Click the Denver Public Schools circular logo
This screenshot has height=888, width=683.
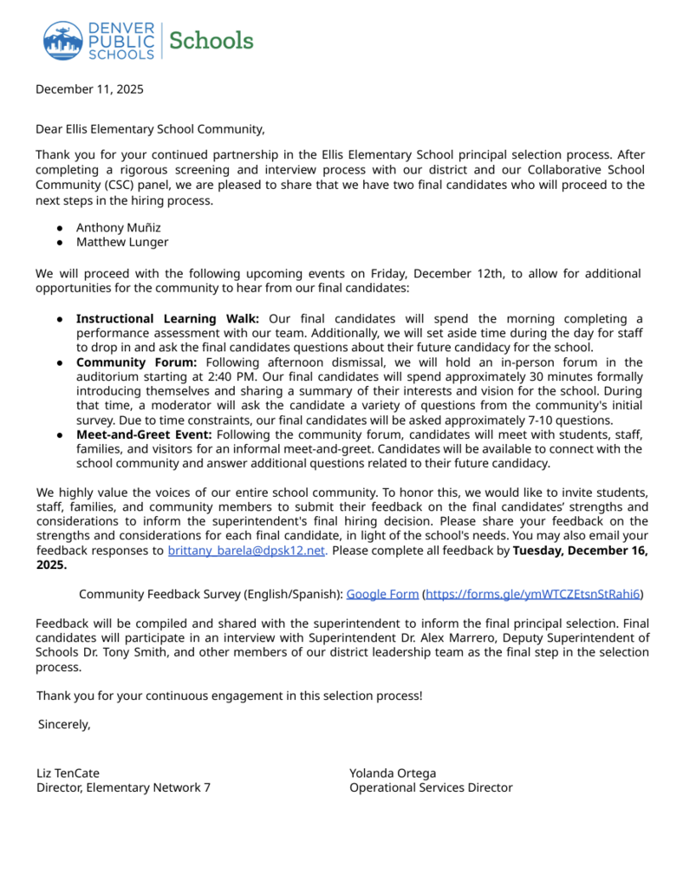[x=63, y=41]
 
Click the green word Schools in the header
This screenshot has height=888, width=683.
[x=211, y=41]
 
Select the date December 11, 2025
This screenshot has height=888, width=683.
[x=89, y=88]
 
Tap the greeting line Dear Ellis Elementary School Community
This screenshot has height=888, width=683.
[x=150, y=129]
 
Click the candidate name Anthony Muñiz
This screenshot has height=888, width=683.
[x=119, y=227]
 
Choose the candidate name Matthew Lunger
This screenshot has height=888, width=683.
[x=122, y=242]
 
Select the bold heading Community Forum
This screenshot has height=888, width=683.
[x=136, y=362]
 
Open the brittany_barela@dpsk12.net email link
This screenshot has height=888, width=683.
[x=246, y=550]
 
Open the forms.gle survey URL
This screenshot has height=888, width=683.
[x=532, y=594]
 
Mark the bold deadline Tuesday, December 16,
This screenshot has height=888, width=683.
[x=580, y=550]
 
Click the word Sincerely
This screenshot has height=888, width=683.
[x=64, y=724]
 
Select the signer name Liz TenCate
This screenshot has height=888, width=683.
[x=74, y=773]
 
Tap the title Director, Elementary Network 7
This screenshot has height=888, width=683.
[x=123, y=787]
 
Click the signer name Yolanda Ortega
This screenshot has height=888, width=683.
[x=393, y=773]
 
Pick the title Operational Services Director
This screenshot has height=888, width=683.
[x=431, y=787]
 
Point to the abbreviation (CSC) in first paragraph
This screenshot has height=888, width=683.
[x=114, y=185]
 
